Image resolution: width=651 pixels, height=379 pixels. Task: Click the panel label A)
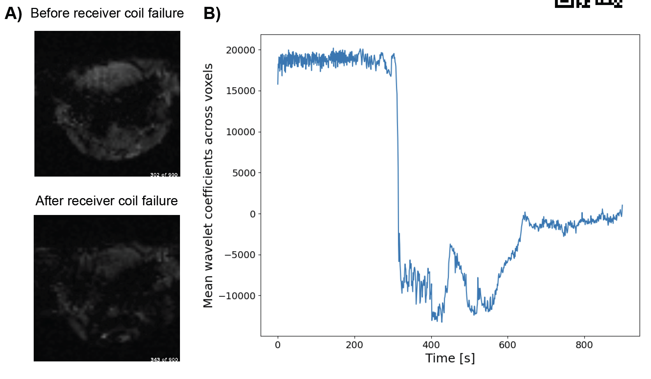click(13, 14)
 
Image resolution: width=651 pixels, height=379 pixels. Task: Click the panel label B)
click(212, 14)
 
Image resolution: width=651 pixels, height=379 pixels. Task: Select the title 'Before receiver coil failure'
click(107, 13)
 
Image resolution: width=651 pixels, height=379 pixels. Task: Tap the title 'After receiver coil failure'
click(106, 201)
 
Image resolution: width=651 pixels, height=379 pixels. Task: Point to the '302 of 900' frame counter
click(164, 175)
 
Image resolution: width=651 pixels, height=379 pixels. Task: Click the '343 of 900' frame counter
click(164, 359)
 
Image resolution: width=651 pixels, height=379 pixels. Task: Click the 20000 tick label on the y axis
click(240, 50)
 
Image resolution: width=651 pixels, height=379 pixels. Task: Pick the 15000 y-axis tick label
click(240, 91)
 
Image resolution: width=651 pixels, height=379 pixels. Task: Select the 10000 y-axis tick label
click(240, 132)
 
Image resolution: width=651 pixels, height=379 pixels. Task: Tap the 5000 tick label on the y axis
click(244, 173)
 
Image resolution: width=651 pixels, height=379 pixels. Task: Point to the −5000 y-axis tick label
click(240, 255)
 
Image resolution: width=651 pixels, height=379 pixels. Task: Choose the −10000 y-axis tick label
click(237, 296)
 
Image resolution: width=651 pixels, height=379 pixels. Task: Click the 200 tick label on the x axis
click(354, 345)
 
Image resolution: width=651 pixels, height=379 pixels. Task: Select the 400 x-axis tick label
click(431, 345)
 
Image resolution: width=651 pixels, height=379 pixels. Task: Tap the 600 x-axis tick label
click(507, 345)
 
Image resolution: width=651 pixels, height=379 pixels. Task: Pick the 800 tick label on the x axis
click(584, 345)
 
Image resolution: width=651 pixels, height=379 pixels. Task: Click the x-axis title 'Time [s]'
click(450, 358)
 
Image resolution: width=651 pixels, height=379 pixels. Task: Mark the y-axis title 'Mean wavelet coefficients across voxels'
click(208, 185)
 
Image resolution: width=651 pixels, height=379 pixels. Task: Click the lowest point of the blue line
click(442, 322)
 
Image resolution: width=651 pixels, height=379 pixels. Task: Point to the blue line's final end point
click(622, 205)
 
